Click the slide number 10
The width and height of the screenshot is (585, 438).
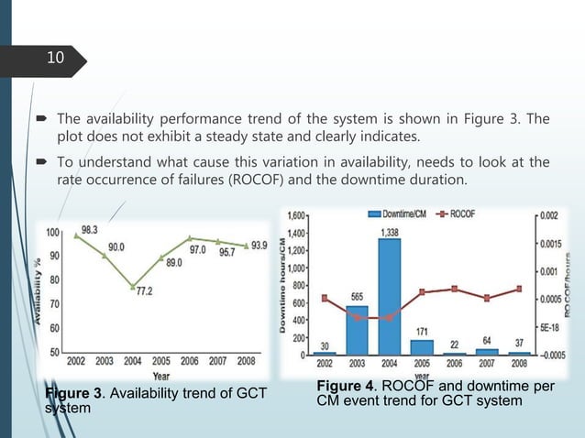pos(57,59)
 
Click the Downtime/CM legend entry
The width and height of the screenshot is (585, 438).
pos(403,214)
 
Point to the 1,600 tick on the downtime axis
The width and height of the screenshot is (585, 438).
pos(296,215)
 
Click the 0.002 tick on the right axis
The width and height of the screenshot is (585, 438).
pos(547,215)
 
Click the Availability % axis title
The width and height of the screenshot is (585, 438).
pos(41,291)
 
